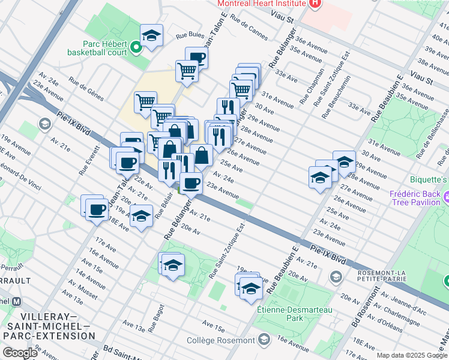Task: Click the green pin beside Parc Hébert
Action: point(136,47)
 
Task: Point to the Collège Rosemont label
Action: point(220,340)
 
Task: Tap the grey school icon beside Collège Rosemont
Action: point(264,340)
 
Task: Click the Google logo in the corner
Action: point(20,353)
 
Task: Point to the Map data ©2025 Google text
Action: point(411,355)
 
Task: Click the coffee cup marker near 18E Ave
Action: point(97,209)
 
